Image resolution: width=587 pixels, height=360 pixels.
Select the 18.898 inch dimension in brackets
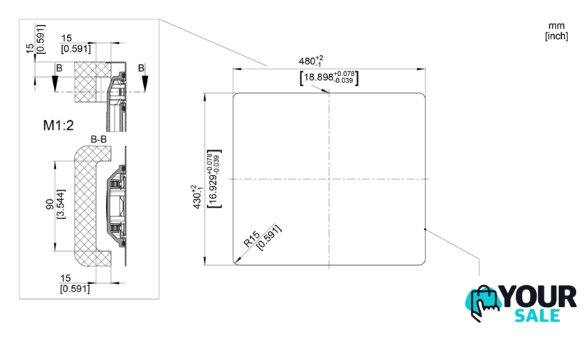(329, 78)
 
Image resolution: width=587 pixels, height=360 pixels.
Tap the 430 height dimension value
(196, 196)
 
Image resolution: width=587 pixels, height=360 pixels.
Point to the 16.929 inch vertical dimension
(214, 179)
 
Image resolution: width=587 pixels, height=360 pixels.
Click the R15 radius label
(252, 239)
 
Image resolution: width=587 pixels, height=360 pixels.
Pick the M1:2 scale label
(59, 126)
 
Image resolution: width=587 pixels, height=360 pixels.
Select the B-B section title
(99, 140)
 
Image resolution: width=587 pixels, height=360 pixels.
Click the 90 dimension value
(50, 204)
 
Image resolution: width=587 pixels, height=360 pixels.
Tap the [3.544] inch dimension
(61, 204)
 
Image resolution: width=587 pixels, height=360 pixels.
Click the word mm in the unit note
(556, 26)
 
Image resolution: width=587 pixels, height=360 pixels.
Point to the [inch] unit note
(557, 36)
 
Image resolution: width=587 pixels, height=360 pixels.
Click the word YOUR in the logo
(539, 296)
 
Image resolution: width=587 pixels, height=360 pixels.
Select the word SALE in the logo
(537, 315)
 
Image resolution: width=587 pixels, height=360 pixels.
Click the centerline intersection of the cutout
(329, 179)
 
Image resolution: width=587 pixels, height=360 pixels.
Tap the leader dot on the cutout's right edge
(426, 229)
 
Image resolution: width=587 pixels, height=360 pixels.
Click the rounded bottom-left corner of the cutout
(235, 262)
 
